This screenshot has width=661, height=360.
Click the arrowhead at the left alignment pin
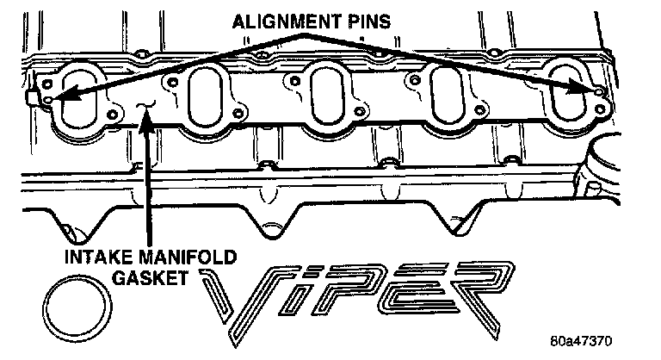pos(61,97)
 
